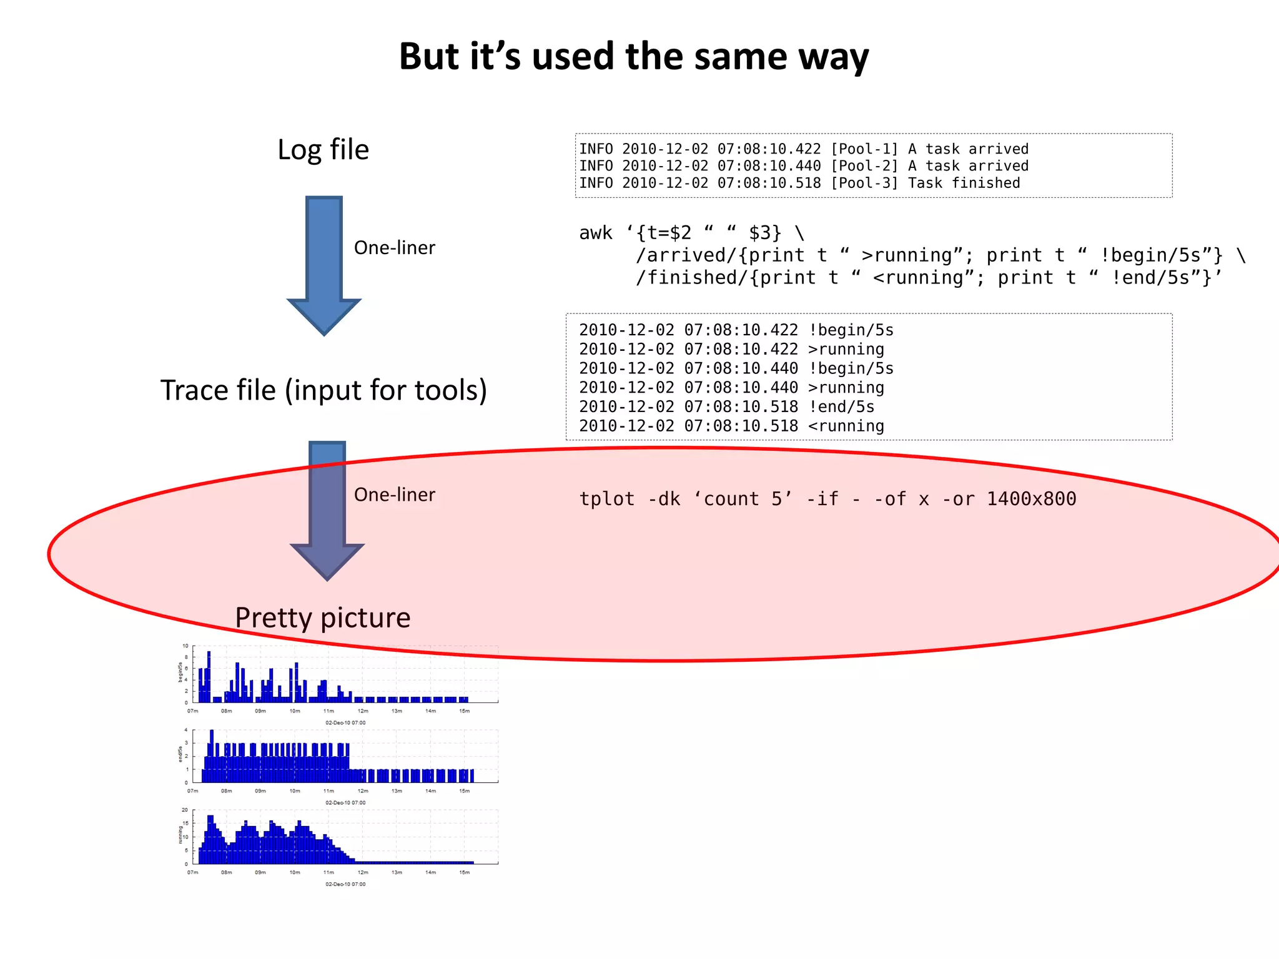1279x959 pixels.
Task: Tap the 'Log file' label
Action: click(x=323, y=150)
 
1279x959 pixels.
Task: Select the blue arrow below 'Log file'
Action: click(x=323, y=262)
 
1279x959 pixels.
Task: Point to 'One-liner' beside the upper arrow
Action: click(x=394, y=248)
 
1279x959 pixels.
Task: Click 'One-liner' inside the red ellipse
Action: click(x=394, y=494)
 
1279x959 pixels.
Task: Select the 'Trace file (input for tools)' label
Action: click(x=323, y=390)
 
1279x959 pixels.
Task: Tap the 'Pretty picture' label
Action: click(x=322, y=617)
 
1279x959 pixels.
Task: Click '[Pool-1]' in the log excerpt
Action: click(x=864, y=149)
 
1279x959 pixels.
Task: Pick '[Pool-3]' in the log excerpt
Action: click(x=864, y=183)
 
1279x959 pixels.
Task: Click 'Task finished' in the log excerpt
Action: click(x=964, y=183)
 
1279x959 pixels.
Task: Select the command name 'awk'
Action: click(x=595, y=233)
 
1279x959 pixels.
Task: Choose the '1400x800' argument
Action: click(x=1031, y=499)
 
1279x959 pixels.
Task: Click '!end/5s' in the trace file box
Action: click(x=841, y=407)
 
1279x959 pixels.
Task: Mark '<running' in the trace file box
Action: click(x=846, y=426)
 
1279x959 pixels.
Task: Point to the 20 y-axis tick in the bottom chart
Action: click(x=185, y=810)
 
